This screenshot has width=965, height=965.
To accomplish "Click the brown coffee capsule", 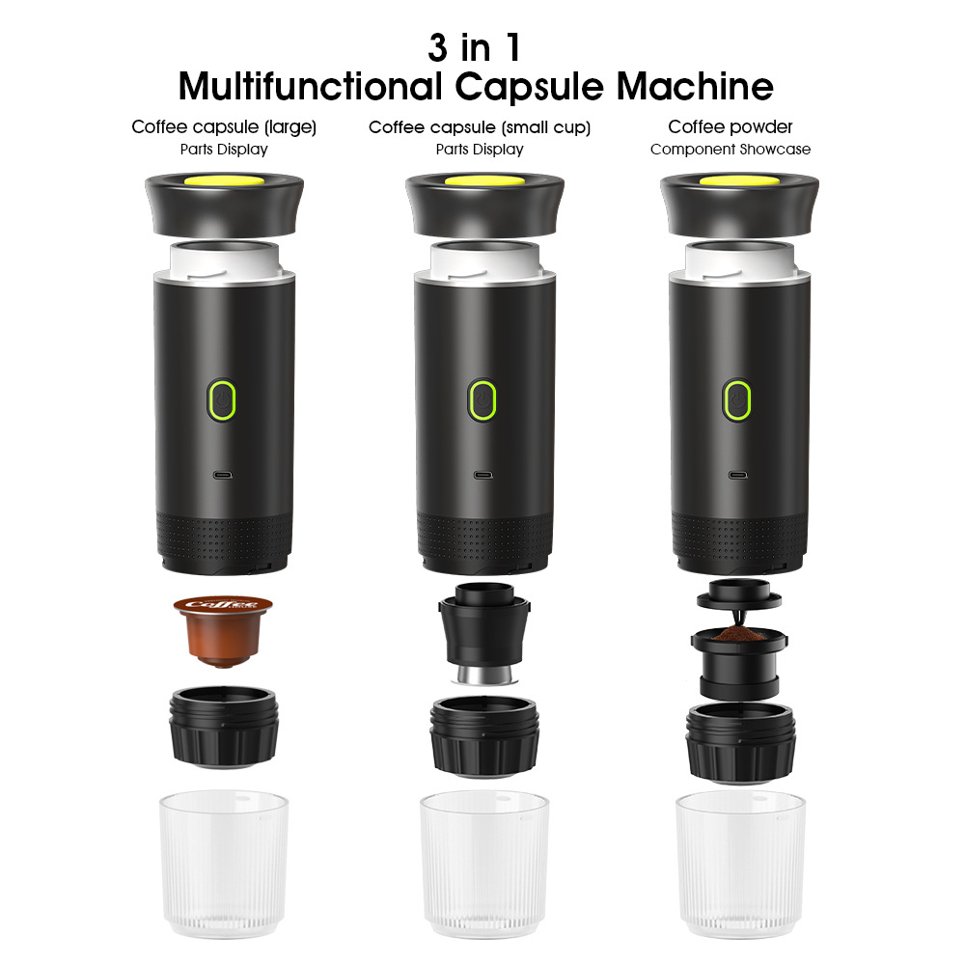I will coord(223,628).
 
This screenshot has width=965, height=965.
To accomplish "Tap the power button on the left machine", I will coord(223,399).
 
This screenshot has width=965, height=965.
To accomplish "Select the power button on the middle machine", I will coord(482,399).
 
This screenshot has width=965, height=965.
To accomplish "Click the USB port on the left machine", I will coord(224,475).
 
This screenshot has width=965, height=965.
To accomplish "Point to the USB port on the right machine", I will coord(738,475).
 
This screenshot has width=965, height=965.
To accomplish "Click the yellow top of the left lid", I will coord(223,181).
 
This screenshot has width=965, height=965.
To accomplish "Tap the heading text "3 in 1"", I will coord(475,47).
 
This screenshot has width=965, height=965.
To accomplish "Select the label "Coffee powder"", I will coord(731,127).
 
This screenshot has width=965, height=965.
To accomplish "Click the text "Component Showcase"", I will coord(731,150).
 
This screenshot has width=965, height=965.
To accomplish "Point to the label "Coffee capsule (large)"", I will coord(224,127).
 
